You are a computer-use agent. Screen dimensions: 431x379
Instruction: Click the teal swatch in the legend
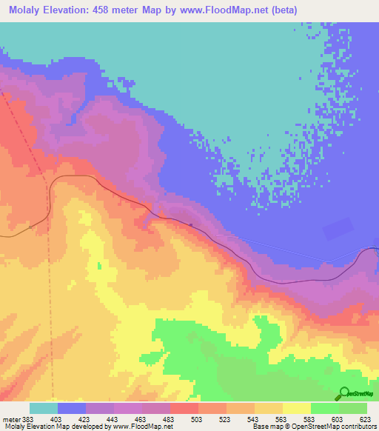coord(43,408)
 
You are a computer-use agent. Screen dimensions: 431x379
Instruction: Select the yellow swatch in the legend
coord(297,408)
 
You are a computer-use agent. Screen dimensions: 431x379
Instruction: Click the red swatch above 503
coord(184,408)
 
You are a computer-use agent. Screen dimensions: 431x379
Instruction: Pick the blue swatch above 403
coord(71,408)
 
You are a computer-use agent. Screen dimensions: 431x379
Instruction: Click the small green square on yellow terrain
coord(100,264)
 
